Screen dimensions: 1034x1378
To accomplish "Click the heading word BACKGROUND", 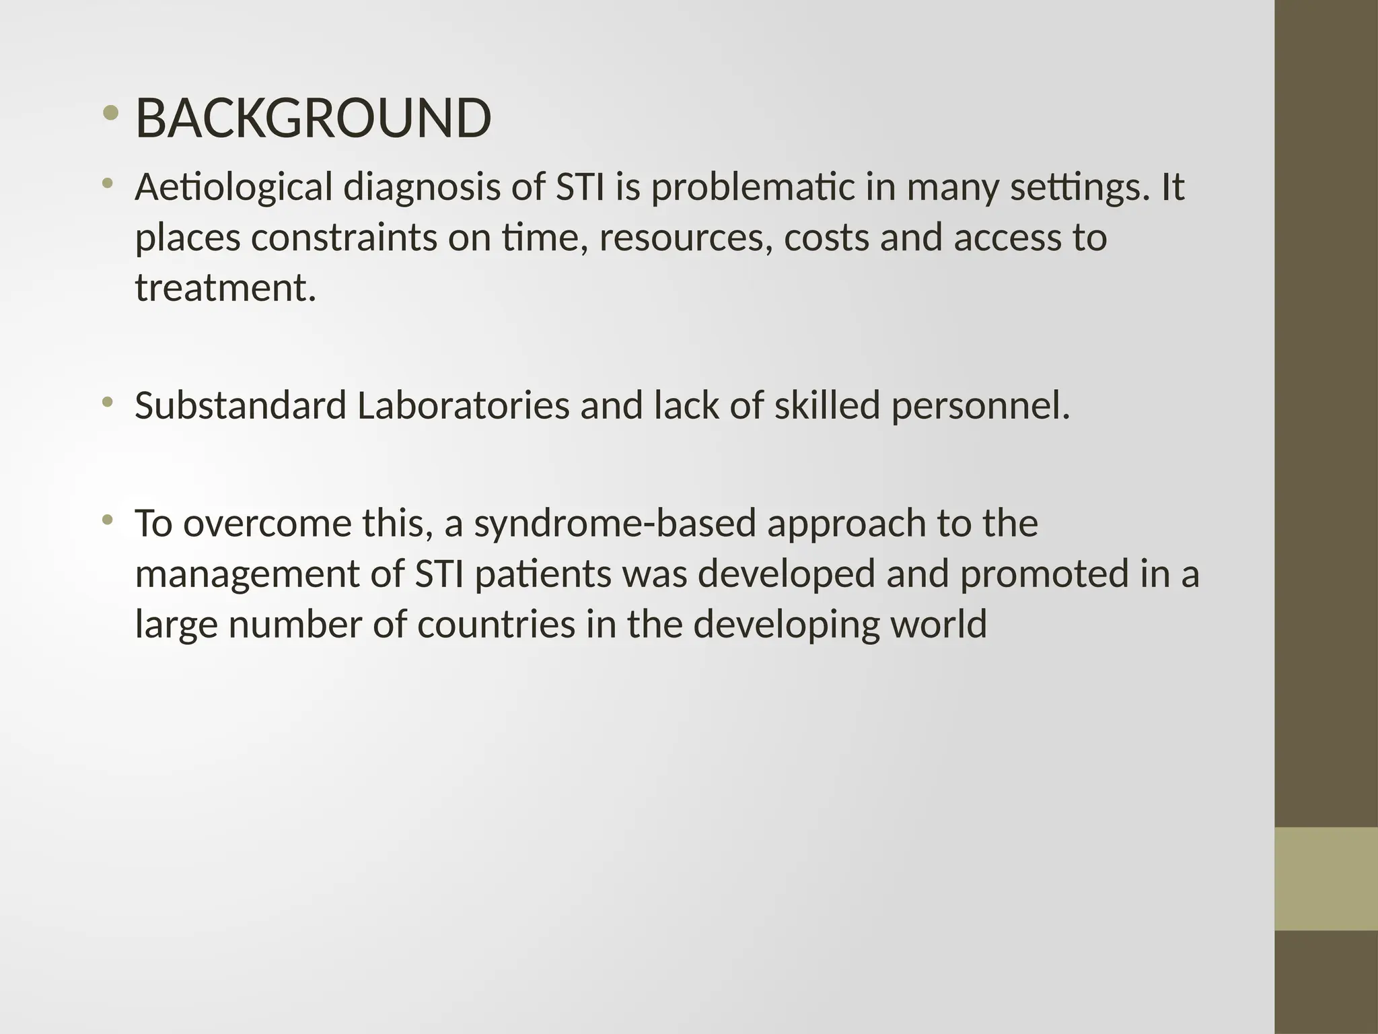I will (313, 118).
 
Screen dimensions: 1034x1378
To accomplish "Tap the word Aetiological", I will (233, 187).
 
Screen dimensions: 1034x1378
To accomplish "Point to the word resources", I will (686, 238).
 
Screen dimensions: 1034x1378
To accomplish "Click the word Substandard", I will (240, 406).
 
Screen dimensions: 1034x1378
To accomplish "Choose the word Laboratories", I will (463, 406).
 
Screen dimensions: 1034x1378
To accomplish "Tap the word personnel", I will (980, 406).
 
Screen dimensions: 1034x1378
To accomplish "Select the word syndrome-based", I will (615, 524).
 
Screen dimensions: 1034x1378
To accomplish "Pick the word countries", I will (496, 624).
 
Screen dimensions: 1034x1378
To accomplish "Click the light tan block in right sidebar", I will (1326, 878).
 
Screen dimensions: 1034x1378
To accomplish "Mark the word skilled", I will (827, 406).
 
